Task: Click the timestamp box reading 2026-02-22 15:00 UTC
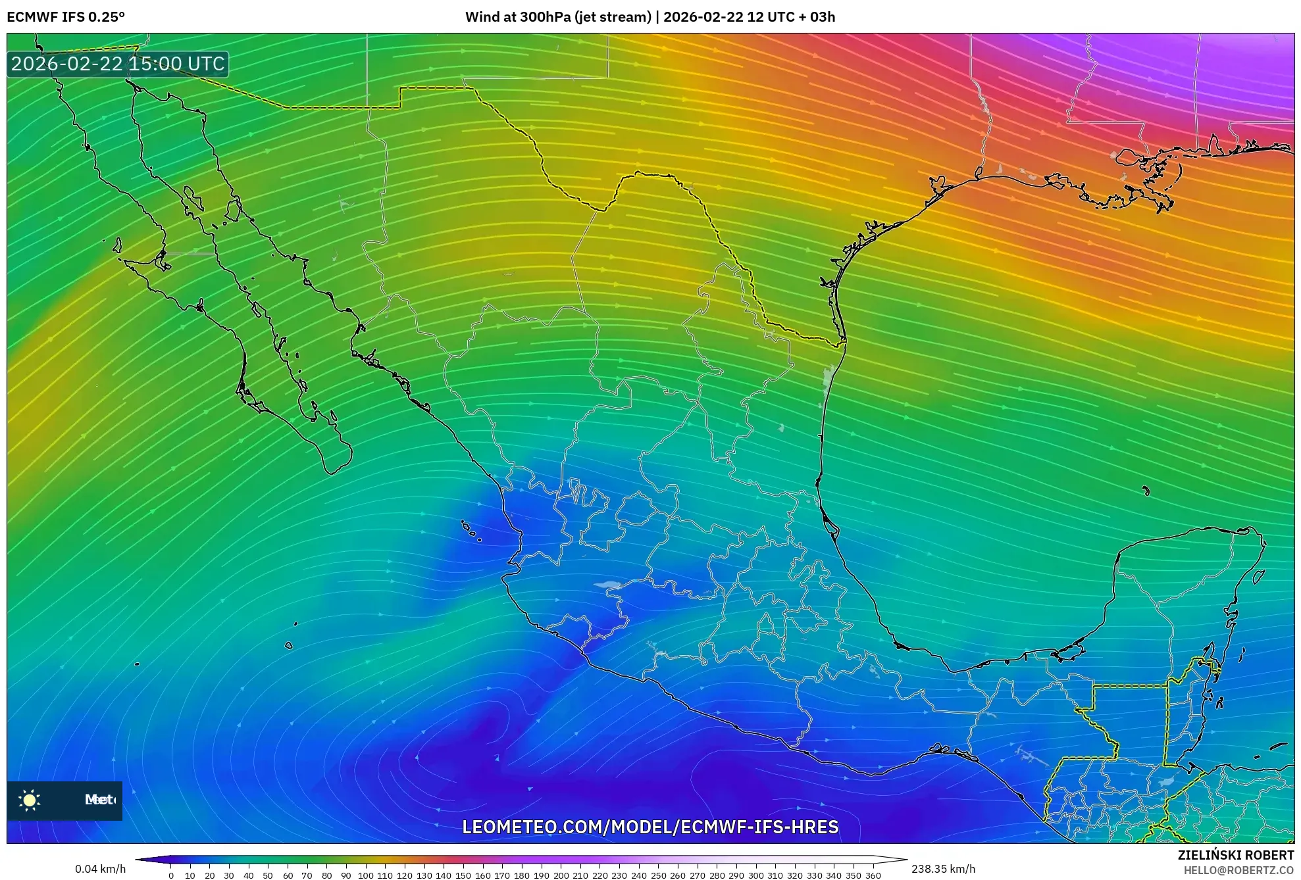point(118,64)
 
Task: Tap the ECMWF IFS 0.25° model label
point(66,17)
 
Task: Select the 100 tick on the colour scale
point(365,875)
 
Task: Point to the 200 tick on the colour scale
point(561,875)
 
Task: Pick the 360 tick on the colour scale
point(873,875)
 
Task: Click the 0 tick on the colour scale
point(171,875)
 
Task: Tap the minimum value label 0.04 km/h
point(100,869)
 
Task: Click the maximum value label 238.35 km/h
point(943,869)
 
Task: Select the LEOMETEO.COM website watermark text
point(650,827)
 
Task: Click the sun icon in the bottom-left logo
point(30,800)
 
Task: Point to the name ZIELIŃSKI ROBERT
point(1235,855)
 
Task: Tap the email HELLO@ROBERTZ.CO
point(1238,870)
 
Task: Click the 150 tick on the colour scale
point(463,875)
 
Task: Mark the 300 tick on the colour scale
point(755,875)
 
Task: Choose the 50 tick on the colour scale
point(268,875)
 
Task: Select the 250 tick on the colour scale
point(658,875)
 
